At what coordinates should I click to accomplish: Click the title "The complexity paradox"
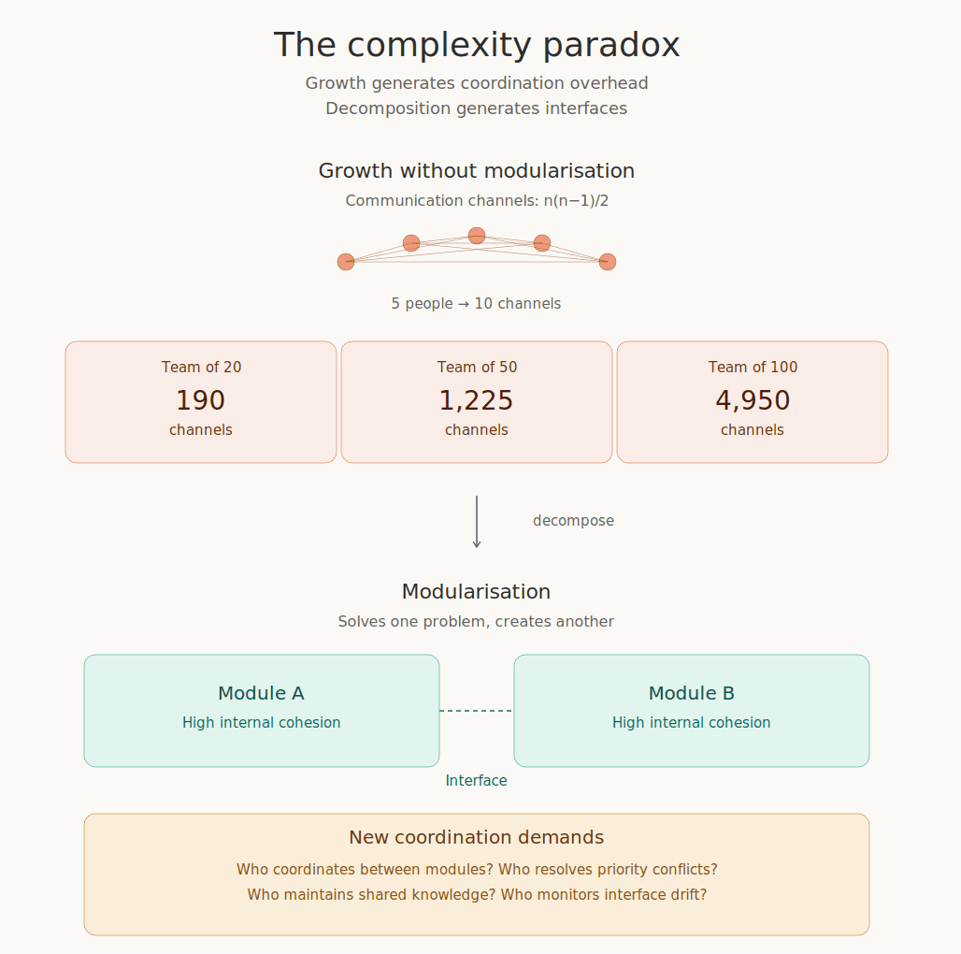(x=476, y=45)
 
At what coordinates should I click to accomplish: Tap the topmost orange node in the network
(x=477, y=236)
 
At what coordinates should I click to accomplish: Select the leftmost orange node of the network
(x=346, y=262)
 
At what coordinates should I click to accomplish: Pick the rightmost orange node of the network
(x=608, y=262)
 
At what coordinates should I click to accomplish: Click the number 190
(x=200, y=400)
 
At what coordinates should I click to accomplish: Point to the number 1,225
(x=476, y=400)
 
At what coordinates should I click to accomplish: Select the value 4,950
(x=753, y=400)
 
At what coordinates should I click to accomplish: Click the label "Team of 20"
(x=201, y=368)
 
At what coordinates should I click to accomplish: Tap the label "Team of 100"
(x=753, y=368)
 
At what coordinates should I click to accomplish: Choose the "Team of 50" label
(x=477, y=368)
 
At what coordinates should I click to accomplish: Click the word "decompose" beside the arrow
(x=573, y=521)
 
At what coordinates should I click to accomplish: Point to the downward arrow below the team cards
(x=477, y=522)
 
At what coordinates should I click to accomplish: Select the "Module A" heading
(x=261, y=693)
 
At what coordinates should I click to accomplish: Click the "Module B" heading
(x=692, y=693)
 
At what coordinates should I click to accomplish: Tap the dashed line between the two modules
(x=476, y=711)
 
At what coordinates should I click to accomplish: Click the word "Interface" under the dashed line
(x=476, y=781)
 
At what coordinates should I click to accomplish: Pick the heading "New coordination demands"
(x=476, y=837)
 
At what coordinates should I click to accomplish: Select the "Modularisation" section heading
(x=476, y=592)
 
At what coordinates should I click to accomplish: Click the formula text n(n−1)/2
(x=576, y=200)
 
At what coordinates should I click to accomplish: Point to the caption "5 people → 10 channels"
(x=476, y=304)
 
